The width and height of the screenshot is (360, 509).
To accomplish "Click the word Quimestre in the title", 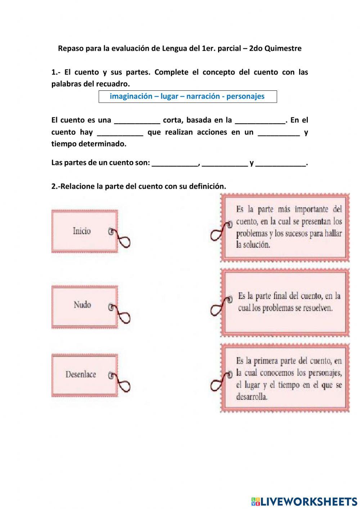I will pyautogui.click(x=283, y=48).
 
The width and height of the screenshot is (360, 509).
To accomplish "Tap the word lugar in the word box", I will pyautogui.click(x=169, y=96).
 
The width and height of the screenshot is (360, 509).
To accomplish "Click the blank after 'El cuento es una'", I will pyautogui.click(x=137, y=121).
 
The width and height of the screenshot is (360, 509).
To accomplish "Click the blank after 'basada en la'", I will pyautogui.click(x=260, y=121).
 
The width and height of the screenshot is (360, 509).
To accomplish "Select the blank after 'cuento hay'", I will pyautogui.click(x=120, y=133).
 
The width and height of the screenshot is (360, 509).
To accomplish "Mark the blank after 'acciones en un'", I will pyautogui.click(x=279, y=133).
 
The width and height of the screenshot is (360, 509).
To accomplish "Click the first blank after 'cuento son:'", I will pyautogui.click(x=175, y=163).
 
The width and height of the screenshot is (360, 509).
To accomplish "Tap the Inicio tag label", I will pyautogui.click(x=82, y=231).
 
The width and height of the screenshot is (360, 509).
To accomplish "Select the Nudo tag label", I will pyautogui.click(x=82, y=305).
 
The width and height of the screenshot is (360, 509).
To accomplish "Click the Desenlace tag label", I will pyautogui.click(x=81, y=375).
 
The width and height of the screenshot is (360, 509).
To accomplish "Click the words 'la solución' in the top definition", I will pyautogui.click(x=253, y=245).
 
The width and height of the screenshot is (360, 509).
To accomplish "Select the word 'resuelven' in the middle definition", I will pyautogui.click(x=317, y=308).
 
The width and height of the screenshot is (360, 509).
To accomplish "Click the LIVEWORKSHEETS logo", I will pyautogui.click(x=304, y=501).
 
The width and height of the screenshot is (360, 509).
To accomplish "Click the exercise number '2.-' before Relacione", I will pyautogui.click(x=55, y=186).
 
